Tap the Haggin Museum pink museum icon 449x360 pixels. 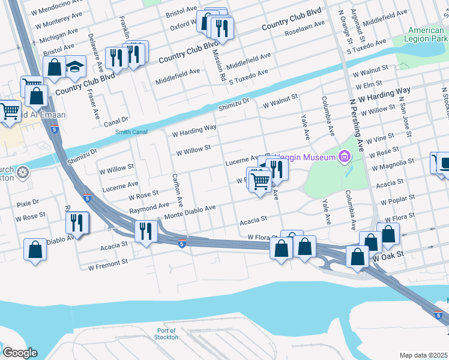coord(344,157)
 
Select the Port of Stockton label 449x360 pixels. coord(166,334)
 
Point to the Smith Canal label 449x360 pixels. coord(131,132)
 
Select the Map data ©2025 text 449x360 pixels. coord(424,355)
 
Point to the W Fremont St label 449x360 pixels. coord(108,262)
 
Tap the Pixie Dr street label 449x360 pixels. coord(28,203)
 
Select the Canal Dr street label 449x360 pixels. coord(116,120)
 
